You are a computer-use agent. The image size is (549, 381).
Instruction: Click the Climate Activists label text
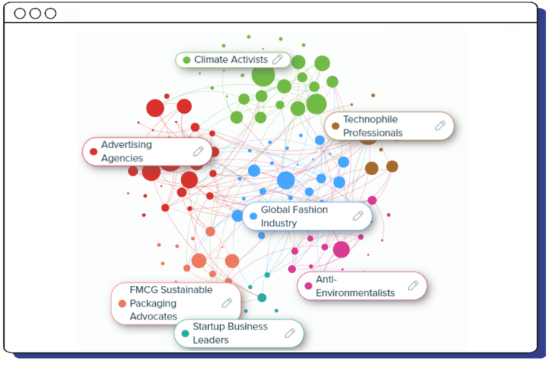point(231,60)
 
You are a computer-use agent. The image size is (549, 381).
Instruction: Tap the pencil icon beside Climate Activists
point(277,59)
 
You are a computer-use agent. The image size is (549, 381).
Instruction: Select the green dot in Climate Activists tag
point(187,60)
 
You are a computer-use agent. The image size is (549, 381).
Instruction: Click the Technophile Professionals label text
point(372,126)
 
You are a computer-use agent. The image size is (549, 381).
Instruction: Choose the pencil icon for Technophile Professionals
point(440,126)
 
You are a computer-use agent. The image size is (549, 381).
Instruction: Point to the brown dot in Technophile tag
point(335,126)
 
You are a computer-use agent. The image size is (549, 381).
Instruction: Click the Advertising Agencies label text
point(127,152)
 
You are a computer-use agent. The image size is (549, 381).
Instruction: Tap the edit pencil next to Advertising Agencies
point(198,152)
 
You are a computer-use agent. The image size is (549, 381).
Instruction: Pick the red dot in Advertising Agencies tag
point(93,152)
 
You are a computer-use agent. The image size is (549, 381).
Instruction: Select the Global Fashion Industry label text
point(294,217)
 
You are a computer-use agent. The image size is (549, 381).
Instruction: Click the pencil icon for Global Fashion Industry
point(358,216)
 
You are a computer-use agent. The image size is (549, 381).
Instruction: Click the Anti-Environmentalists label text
point(355,286)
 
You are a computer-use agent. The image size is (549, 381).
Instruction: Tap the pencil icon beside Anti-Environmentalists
point(412,285)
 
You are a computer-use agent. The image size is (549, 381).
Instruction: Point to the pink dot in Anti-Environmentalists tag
point(308,286)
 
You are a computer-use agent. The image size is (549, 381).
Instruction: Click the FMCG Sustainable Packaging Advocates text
point(171,303)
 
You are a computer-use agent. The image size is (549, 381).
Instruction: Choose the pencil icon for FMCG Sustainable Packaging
point(227,303)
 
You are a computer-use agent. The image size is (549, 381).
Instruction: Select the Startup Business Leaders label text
point(229,333)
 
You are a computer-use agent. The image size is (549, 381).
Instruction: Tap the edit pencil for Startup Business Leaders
point(290,333)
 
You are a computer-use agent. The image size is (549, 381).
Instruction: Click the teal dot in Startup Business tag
point(185,333)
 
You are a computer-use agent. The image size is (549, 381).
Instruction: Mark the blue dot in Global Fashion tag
point(253,217)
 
